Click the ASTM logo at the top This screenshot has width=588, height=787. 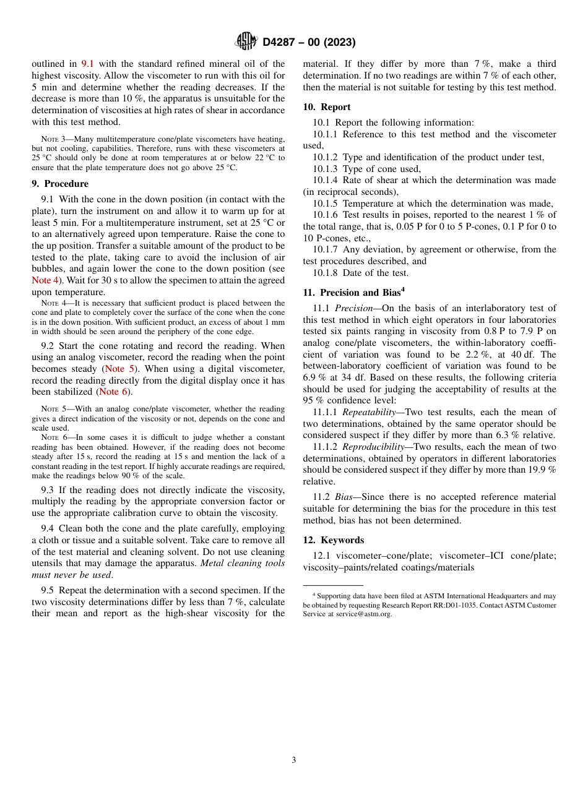pyautogui.click(x=246, y=42)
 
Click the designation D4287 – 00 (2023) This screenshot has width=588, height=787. pyautogui.click(x=309, y=43)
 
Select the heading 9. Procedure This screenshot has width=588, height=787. pyautogui.click(x=60, y=184)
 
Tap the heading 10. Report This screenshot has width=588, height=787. pyautogui.click(x=326, y=107)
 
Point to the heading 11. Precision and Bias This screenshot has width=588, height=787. pyautogui.click(x=353, y=293)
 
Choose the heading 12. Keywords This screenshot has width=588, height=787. pyautogui.click(x=333, y=540)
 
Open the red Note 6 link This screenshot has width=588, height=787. pyautogui.click(x=115, y=392)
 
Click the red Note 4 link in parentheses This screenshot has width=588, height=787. pyautogui.click(x=45, y=280)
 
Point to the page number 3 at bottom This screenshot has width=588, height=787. pyautogui.click(x=294, y=760)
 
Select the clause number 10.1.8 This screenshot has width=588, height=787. pyautogui.click(x=326, y=273)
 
